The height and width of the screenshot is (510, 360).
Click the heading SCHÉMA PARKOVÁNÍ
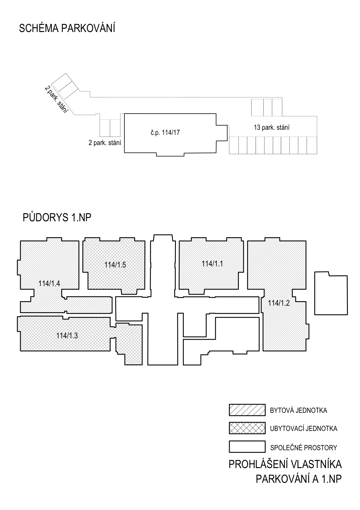[x=67, y=28]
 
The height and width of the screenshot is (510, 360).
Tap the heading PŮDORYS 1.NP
[x=57, y=218]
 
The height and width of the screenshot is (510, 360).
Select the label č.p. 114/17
[x=165, y=132]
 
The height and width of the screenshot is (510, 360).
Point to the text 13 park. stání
[x=272, y=127]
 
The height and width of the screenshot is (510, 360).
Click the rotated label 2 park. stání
[x=57, y=99]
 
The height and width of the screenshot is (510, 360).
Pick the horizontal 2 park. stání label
[x=105, y=143]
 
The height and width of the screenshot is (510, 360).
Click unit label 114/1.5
[x=115, y=265]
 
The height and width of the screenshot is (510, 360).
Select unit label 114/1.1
[x=212, y=264]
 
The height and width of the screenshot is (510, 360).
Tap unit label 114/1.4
[x=49, y=283]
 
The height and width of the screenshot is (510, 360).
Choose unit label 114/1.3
[x=67, y=336]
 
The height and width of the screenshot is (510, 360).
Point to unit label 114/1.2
[x=279, y=303]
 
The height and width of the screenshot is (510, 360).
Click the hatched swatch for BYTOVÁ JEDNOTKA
[x=247, y=410]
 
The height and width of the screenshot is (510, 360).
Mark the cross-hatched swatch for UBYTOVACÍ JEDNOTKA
[x=247, y=428]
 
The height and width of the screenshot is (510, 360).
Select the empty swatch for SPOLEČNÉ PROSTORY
[x=247, y=447]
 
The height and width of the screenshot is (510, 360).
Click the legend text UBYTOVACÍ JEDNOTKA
[x=304, y=429]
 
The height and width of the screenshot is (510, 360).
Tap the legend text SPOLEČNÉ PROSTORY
[x=304, y=448]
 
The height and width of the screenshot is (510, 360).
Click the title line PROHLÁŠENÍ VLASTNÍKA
[x=285, y=464]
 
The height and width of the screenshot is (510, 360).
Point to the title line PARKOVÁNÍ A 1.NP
[x=299, y=479]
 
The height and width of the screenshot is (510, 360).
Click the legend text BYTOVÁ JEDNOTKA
[x=299, y=410]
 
